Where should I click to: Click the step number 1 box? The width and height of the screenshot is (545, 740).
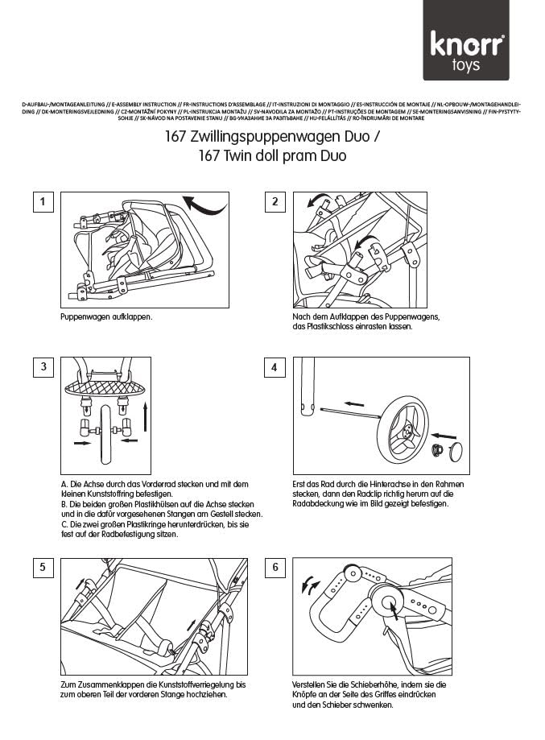pyautogui.click(x=43, y=201)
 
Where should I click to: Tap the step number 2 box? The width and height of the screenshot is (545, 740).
pyautogui.click(x=275, y=201)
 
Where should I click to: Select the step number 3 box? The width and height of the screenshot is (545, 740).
pyautogui.click(x=43, y=367)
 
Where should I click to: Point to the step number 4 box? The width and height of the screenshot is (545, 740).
pyautogui.click(x=275, y=367)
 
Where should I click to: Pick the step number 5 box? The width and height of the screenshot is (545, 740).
pyautogui.click(x=43, y=568)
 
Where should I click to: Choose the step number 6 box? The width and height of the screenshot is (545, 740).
pyautogui.click(x=275, y=568)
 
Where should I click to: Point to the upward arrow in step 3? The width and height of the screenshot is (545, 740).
pyautogui.click(x=146, y=420)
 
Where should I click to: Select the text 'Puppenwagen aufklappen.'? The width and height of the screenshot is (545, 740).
pyautogui.click(x=106, y=316)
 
